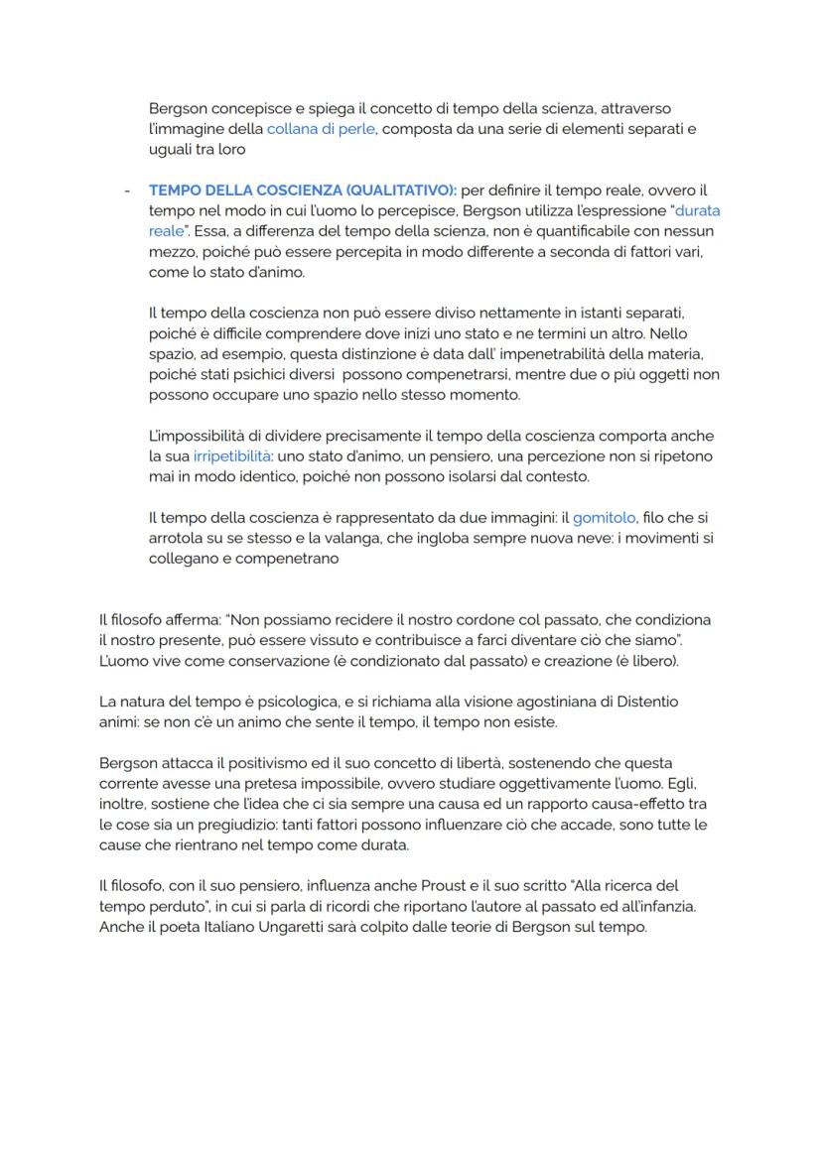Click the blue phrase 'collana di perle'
click(321, 129)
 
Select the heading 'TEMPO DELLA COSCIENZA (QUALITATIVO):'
click(303, 190)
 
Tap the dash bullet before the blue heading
click(126, 190)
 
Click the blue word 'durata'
click(697, 210)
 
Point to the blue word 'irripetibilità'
click(232, 456)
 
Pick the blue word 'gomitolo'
click(604, 518)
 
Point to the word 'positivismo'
click(249, 763)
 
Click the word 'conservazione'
click(258, 661)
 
